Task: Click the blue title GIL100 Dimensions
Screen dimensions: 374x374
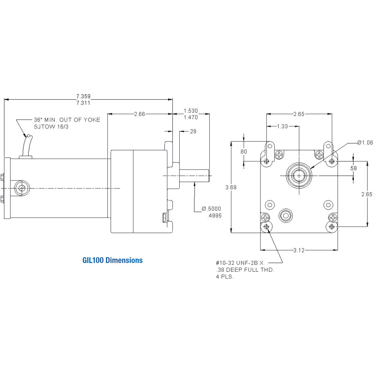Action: tap(112, 260)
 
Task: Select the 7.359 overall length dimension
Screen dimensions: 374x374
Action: tap(83, 96)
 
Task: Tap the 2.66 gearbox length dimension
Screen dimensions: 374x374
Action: tap(140, 114)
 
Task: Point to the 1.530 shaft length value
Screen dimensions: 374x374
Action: tap(191, 110)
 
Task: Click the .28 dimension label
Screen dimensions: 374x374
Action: tap(193, 131)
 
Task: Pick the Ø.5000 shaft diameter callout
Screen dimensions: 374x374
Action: tap(211, 209)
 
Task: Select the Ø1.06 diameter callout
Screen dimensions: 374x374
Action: tap(365, 143)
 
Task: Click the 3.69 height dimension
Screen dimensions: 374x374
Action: tap(231, 187)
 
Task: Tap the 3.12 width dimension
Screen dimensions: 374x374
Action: tap(299, 250)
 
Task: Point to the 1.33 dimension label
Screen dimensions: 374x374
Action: tap(282, 126)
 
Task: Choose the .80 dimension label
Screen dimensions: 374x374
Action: tap(243, 152)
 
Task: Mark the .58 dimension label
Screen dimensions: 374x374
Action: tap(353, 168)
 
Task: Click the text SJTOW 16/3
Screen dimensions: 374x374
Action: tap(51, 127)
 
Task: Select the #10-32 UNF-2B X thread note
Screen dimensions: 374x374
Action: tap(240, 263)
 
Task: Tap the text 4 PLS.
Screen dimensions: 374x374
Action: tap(225, 277)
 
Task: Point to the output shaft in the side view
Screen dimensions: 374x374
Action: tap(194, 176)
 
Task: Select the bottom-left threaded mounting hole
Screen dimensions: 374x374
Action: tap(267, 227)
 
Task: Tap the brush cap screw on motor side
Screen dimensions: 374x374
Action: tap(22, 188)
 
